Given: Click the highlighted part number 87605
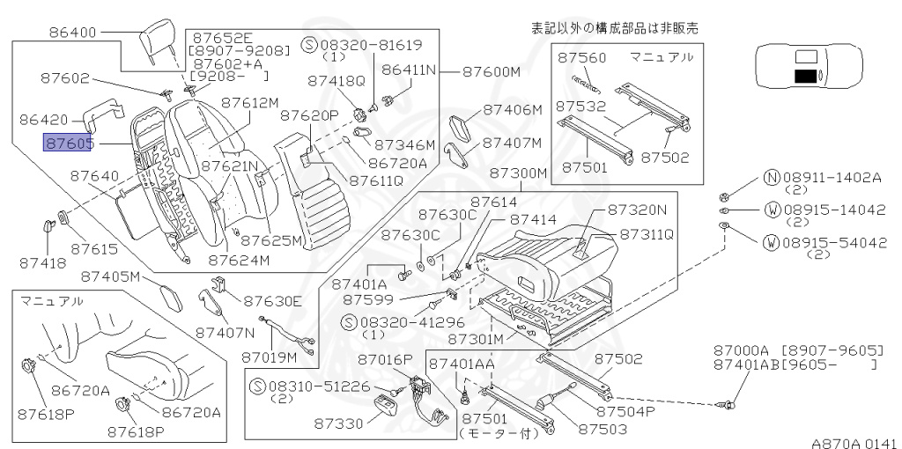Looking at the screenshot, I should click(69, 142).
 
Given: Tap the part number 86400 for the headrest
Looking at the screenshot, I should click(74, 33).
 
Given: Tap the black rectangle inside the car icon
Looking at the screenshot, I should click(803, 77).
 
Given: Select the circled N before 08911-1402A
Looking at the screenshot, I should click(773, 176).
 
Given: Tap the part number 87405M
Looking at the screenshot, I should click(110, 276).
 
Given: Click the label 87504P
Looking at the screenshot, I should click(625, 411).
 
